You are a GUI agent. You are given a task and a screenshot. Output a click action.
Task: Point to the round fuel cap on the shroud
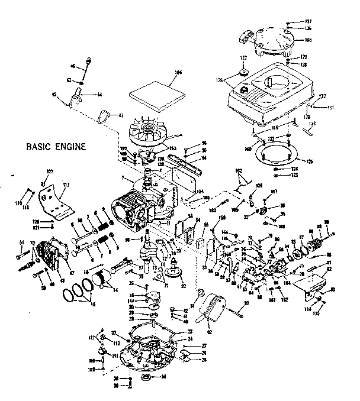click(x=242, y=89)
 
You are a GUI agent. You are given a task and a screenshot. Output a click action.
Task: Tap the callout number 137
click(x=292, y=21)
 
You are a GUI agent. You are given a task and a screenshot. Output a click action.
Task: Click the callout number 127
click(x=242, y=58)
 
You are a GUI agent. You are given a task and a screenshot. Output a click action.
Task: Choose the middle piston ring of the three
click(x=79, y=290)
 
